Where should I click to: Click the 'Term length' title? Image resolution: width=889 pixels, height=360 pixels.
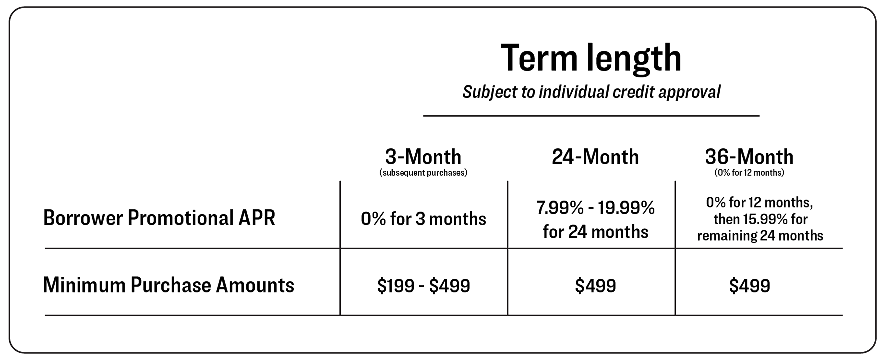(591, 58)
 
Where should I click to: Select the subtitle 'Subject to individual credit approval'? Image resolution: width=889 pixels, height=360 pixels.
(591, 92)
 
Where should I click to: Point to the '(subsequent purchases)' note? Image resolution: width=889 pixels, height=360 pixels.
(423, 172)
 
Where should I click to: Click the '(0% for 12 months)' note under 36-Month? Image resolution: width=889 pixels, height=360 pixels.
(749, 172)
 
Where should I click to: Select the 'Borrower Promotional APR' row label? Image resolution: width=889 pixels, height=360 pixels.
(159, 218)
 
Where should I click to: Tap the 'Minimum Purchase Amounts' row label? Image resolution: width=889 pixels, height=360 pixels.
(168, 285)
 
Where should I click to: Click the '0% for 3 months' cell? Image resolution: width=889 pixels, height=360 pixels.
(423, 219)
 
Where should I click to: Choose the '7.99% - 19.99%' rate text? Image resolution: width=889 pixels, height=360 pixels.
(595, 208)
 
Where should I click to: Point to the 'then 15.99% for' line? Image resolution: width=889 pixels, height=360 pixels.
(760, 219)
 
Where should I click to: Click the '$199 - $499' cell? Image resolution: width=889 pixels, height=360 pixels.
(423, 286)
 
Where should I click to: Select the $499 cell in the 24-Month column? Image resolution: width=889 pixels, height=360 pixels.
(595, 286)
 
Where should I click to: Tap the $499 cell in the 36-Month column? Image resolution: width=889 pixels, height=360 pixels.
(749, 286)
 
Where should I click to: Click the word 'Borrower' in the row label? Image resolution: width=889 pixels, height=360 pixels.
(83, 218)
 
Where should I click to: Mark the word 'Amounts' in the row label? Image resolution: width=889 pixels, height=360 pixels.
(255, 285)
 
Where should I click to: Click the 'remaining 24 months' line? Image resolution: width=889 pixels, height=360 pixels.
(760, 236)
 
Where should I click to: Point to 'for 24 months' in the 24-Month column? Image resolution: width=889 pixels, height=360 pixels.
(595, 231)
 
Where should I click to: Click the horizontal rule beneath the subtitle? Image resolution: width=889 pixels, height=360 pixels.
(591, 116)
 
